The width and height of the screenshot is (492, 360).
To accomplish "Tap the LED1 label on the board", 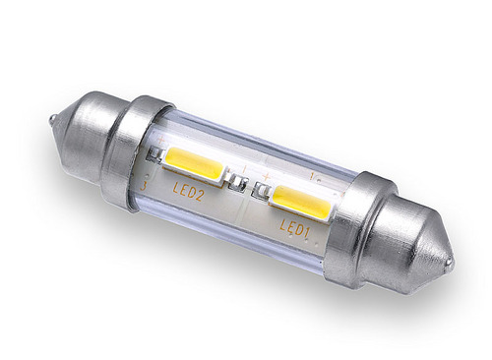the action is coord(295,227).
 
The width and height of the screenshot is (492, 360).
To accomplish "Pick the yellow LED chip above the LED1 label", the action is coord(301,202).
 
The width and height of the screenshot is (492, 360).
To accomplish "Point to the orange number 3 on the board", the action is coord(143,187).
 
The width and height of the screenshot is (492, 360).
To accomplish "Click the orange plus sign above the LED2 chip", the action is coord(161,140).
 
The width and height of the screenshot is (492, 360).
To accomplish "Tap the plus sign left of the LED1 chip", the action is coord(267,177).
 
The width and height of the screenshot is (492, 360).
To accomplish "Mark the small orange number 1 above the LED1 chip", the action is coord(311,177).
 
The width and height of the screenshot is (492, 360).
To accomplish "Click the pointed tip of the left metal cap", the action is coord(53,118).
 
